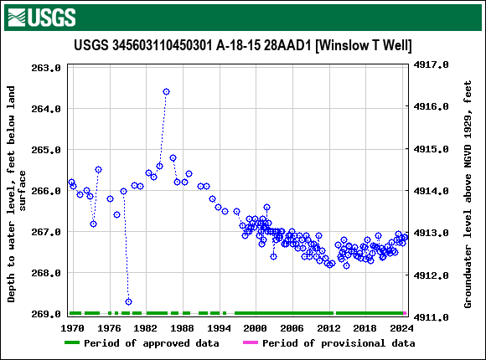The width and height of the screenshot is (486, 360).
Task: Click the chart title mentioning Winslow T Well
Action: pyautogui.click(x=242, y=45)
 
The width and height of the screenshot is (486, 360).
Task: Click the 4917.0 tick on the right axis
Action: pyautogui.click(x=432, y=64)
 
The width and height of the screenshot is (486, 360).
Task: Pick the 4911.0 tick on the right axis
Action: pyautogui.click(x=432, y=317)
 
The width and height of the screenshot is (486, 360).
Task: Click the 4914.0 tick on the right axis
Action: pyautogui.click(x=432, y=191)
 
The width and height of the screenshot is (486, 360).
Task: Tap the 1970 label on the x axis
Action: pyautogui.click(x=73, y=327)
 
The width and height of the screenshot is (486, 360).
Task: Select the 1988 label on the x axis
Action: pyautogui.click(x=183, y=327)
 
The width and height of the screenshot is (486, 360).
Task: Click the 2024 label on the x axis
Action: pyautogui.click(x=401, y=327)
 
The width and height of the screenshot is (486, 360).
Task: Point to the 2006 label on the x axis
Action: pyautogui.click(x=292, y=327)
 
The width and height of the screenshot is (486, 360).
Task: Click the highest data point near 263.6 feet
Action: pyautogui.click(x=166, y=91)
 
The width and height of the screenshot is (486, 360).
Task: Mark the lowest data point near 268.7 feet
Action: pyautogui.click(x=128, y=301)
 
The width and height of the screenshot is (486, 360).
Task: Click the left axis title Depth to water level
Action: pyautogui.click(x=17, y=193)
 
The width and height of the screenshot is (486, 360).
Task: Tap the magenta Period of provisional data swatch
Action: pyautogui.click(x=250, y=343)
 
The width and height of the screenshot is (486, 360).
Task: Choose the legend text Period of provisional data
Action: pyautogui.click(x=339, y=343)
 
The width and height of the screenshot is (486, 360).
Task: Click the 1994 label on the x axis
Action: pyautogui.click(x=219, y=327)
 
